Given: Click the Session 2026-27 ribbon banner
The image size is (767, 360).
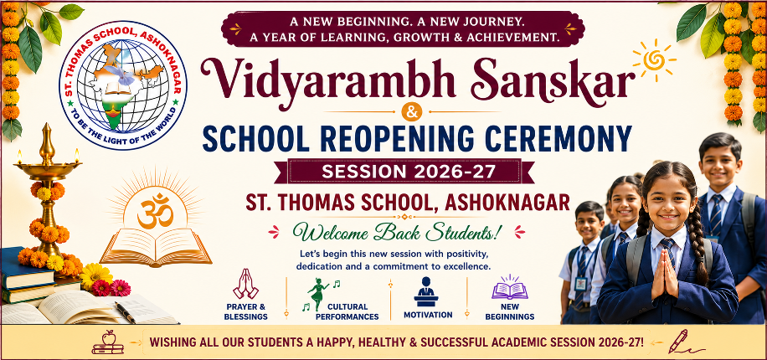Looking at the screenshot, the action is (404, 172).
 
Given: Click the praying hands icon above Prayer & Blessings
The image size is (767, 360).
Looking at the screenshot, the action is (245, 284).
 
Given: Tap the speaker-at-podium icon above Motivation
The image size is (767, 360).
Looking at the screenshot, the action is (426, 291).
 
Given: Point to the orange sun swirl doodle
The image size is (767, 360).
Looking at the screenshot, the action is (654, 60).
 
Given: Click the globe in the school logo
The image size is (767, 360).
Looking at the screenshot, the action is (122, 85).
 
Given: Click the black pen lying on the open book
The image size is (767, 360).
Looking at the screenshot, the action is (125, 312).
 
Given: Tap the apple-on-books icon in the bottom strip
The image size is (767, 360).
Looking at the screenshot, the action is (108, 342).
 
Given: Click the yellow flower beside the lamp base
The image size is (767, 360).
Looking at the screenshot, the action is (95, 275).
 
